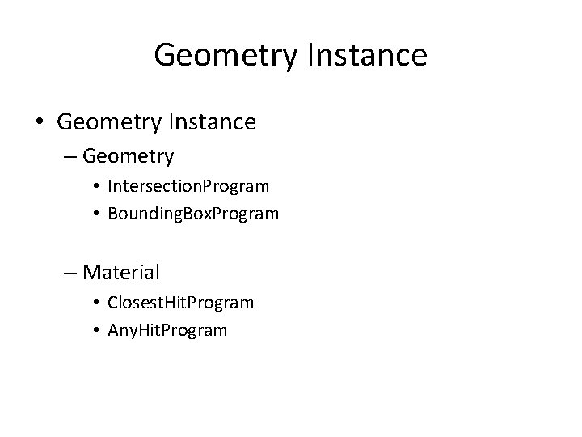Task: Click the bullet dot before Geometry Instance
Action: [40, 123]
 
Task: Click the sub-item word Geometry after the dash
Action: [128, 154]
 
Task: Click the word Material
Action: [121, 270]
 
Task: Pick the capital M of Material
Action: [92, 270]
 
